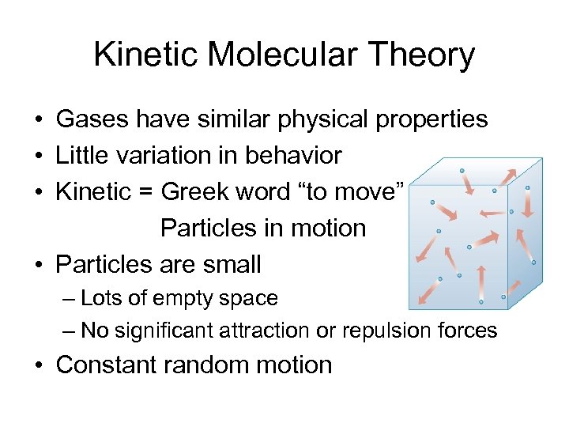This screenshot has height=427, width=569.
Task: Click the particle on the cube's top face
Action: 462,170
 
